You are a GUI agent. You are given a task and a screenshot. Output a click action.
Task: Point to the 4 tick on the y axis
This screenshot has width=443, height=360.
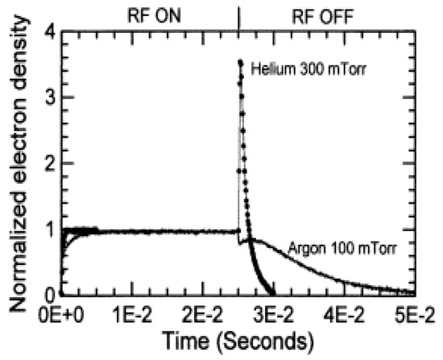[x=47, y=32]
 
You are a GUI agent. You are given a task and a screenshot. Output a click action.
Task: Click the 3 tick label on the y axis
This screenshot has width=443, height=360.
[x=47, y=98]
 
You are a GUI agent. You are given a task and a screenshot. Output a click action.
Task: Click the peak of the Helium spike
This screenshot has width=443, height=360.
[x=239, y=61]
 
